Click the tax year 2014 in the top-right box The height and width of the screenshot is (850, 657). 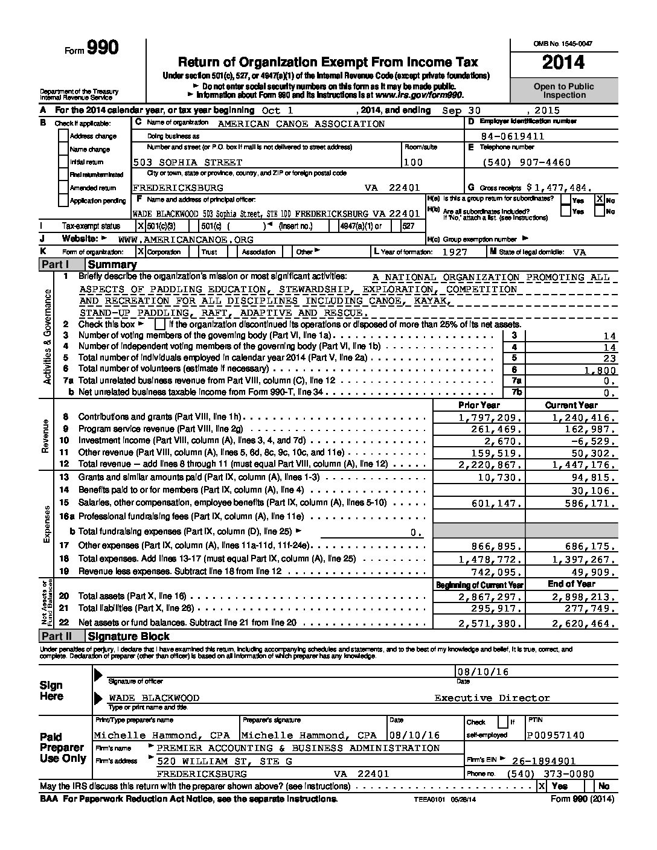pos(563,63)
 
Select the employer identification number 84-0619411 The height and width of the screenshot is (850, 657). pos(519,136)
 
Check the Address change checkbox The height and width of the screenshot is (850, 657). pos(63,136)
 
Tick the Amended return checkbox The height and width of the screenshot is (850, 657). pos(63,188)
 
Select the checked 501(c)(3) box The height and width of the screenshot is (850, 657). pos(141,226)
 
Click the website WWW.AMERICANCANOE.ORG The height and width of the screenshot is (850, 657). pos(186,239)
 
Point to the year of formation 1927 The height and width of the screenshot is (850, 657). pos(454,252)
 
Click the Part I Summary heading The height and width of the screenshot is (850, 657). pos(112,264)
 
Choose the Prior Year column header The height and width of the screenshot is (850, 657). pos(478,405)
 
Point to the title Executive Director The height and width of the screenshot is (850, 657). pos(492,698)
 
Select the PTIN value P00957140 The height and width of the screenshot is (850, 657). pos(556,735)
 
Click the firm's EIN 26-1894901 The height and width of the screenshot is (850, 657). pos(543,761)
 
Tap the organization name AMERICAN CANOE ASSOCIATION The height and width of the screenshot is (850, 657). pos(301,123)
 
